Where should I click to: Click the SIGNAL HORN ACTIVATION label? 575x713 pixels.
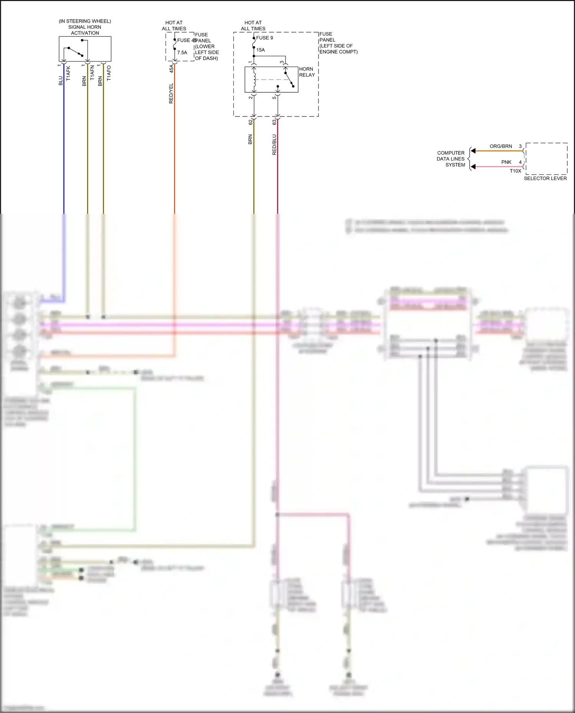click(x=85, y=27)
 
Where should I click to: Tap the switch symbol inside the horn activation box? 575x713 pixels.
click(x=76, y=51)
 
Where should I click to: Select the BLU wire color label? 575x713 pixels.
click(x=61, y=81)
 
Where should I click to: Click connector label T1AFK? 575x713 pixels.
click(x=69, y=73)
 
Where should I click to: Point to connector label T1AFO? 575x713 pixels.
click(x=109, y=73)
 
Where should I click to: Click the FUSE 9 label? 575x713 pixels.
click(x=264, y=38)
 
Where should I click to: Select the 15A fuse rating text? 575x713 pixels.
click(x=261, y=50)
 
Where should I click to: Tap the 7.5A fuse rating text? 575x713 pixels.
click(x=182, y=52)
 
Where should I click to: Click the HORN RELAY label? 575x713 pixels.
click(x=307, y=72)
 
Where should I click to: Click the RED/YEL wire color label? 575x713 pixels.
click(x=171, y=93)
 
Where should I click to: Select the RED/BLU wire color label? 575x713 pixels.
click(x=274, y=145)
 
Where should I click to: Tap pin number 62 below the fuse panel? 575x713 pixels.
click(x=251, y=122)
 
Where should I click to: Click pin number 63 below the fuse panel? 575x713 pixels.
click(x=274, y=122)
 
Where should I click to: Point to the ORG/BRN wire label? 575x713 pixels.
click(x=501, y=146)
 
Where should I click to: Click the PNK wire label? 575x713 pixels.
click(x=506, y=162)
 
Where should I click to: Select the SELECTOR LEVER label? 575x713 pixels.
click(x=545, y=179)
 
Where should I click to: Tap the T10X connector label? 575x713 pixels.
click(x=515, y=171)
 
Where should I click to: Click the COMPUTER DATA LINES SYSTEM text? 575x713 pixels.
click(x=451, y=159)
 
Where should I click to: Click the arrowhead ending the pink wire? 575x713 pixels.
click(x=473, y=167)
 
